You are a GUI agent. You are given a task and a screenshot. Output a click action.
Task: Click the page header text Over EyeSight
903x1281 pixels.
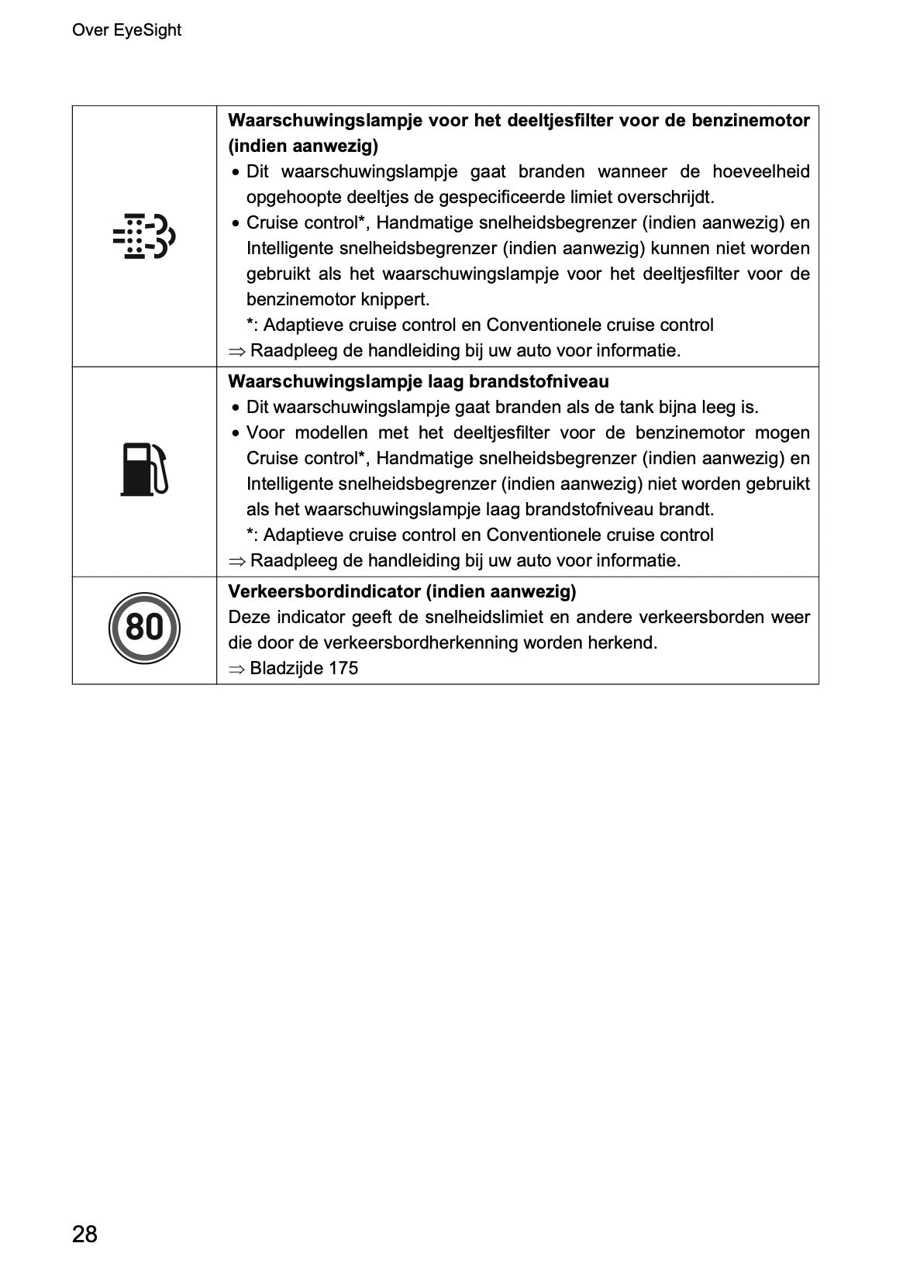(x=126, y=30)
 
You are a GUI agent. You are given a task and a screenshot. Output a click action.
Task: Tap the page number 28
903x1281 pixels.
(x=84, y=1234)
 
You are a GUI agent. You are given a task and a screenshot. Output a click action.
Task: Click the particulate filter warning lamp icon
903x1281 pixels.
(x=144, y=236)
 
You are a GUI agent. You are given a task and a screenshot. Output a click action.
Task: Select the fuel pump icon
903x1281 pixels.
(x=144, y=470)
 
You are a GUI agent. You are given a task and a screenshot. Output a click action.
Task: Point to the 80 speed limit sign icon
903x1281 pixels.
(x=144, y=625)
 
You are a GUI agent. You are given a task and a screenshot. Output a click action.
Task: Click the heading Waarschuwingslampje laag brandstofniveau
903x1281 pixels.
(x=419, y=381)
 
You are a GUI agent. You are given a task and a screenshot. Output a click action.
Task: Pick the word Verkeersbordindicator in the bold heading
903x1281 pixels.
(x=324, y=592)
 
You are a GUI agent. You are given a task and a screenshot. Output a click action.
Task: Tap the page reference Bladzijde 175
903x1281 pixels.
(x=304, y=668)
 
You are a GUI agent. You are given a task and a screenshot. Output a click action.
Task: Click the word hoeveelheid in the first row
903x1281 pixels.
(x=761, y=171)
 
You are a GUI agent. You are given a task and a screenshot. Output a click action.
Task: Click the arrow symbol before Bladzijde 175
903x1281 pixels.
(x=236, y=669)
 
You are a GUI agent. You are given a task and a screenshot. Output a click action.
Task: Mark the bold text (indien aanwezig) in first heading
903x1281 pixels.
(x=303, y=146)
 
